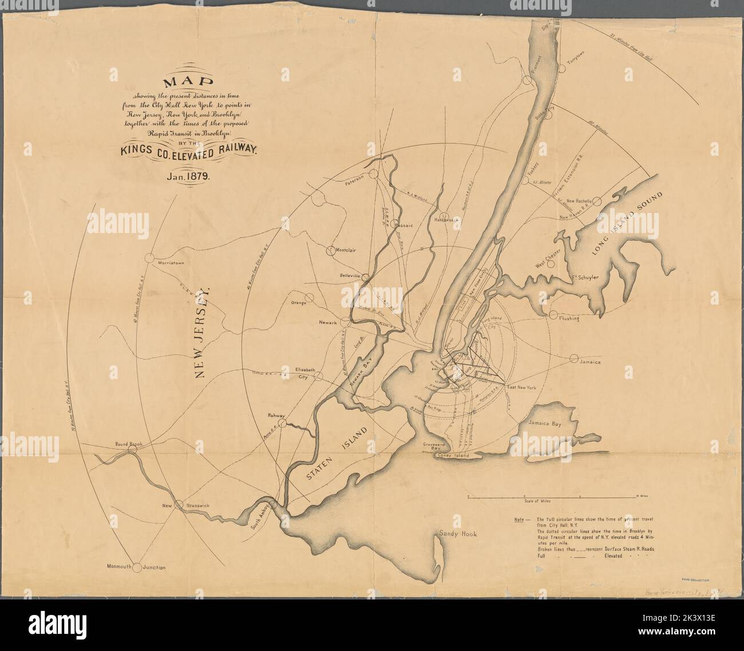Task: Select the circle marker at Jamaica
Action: [x=574, y=359]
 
